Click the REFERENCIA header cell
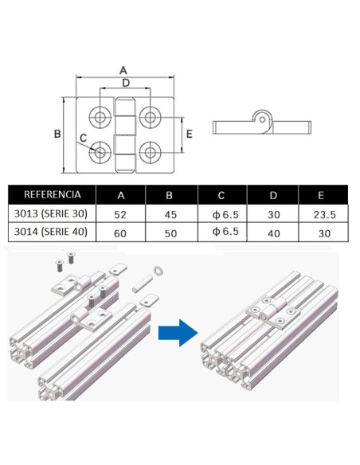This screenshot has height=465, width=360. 52,194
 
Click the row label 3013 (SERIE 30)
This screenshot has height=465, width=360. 52,213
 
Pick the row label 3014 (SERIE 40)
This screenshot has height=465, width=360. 52,232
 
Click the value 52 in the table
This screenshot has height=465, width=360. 120,213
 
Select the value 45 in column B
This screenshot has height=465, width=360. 170,213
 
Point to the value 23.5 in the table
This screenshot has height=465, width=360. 323,213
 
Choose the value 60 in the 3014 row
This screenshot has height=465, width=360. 120,232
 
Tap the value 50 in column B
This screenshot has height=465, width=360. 170,232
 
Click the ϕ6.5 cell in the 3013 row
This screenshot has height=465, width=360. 221,213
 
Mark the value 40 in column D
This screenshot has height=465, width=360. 272,232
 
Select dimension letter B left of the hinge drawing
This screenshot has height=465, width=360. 57,135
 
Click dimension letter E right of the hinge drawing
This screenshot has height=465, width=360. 189,134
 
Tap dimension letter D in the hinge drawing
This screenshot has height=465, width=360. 125,83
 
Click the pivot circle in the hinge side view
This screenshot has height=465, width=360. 260,120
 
